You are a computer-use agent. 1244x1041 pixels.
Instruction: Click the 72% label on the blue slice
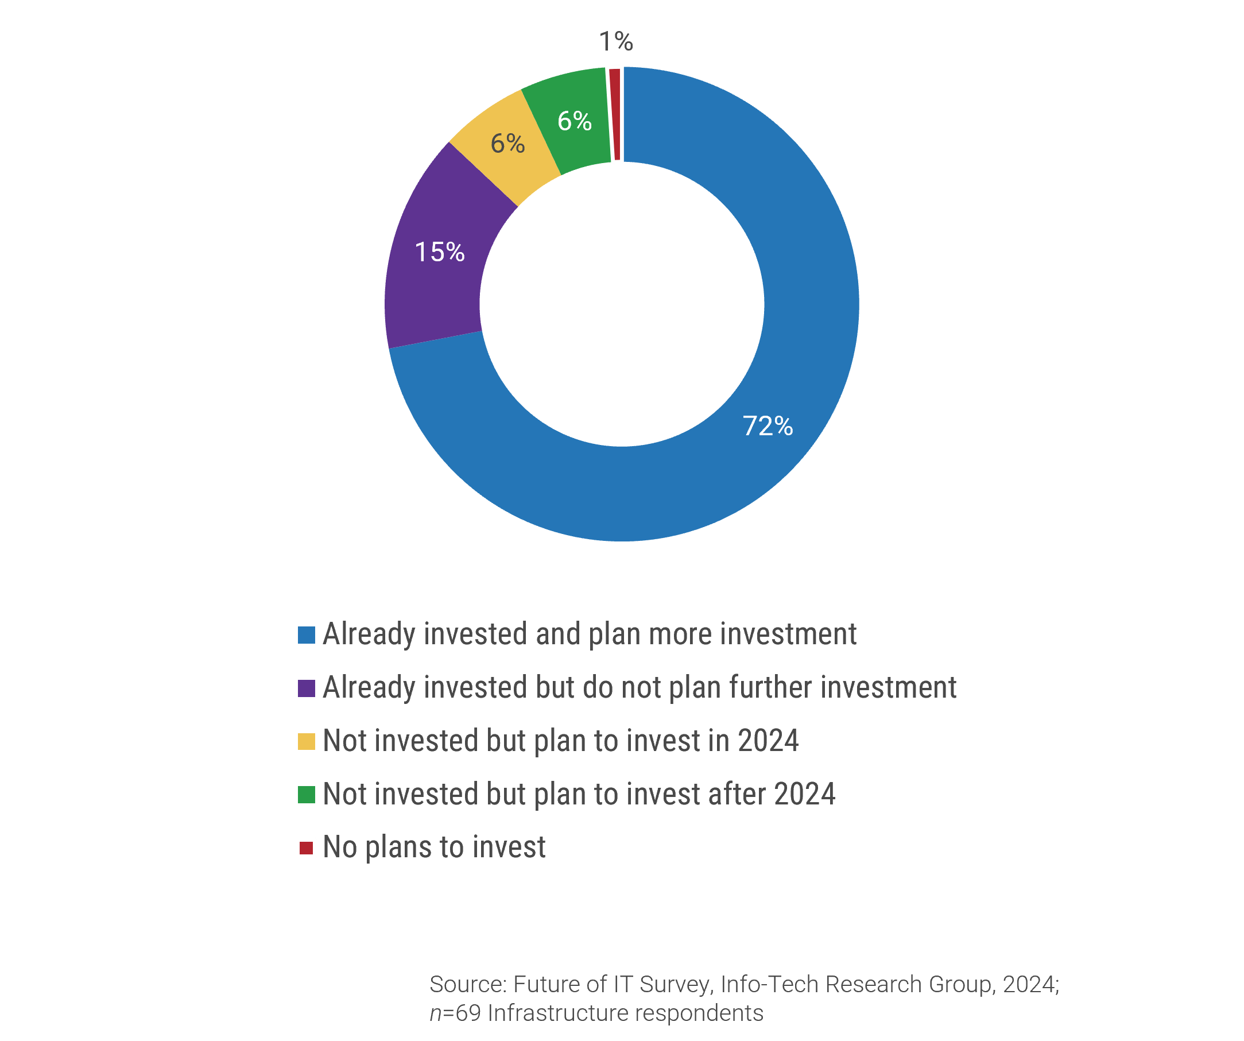[x=767, y=426]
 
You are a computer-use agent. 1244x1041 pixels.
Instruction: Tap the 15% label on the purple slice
[x=440, y=253]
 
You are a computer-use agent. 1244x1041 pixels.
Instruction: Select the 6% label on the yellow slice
[x=507, y=144]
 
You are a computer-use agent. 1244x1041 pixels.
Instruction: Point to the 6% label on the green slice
[x=574, y=122]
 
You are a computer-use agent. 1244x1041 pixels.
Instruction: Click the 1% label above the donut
[x=615, y=41]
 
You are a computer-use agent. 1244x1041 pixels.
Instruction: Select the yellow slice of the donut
[x=503, y=160]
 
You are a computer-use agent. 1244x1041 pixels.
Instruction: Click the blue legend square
[x=306, y=635]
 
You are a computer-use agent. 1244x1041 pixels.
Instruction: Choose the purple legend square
[x=306, y=688]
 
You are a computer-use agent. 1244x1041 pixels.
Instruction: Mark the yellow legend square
[x=306, y=742]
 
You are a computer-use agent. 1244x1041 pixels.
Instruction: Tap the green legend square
[x=306, y=795]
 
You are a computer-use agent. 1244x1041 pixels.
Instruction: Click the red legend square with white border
[x=306, y=848]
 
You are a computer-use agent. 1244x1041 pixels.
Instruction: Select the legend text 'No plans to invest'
[x=434, y=847]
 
